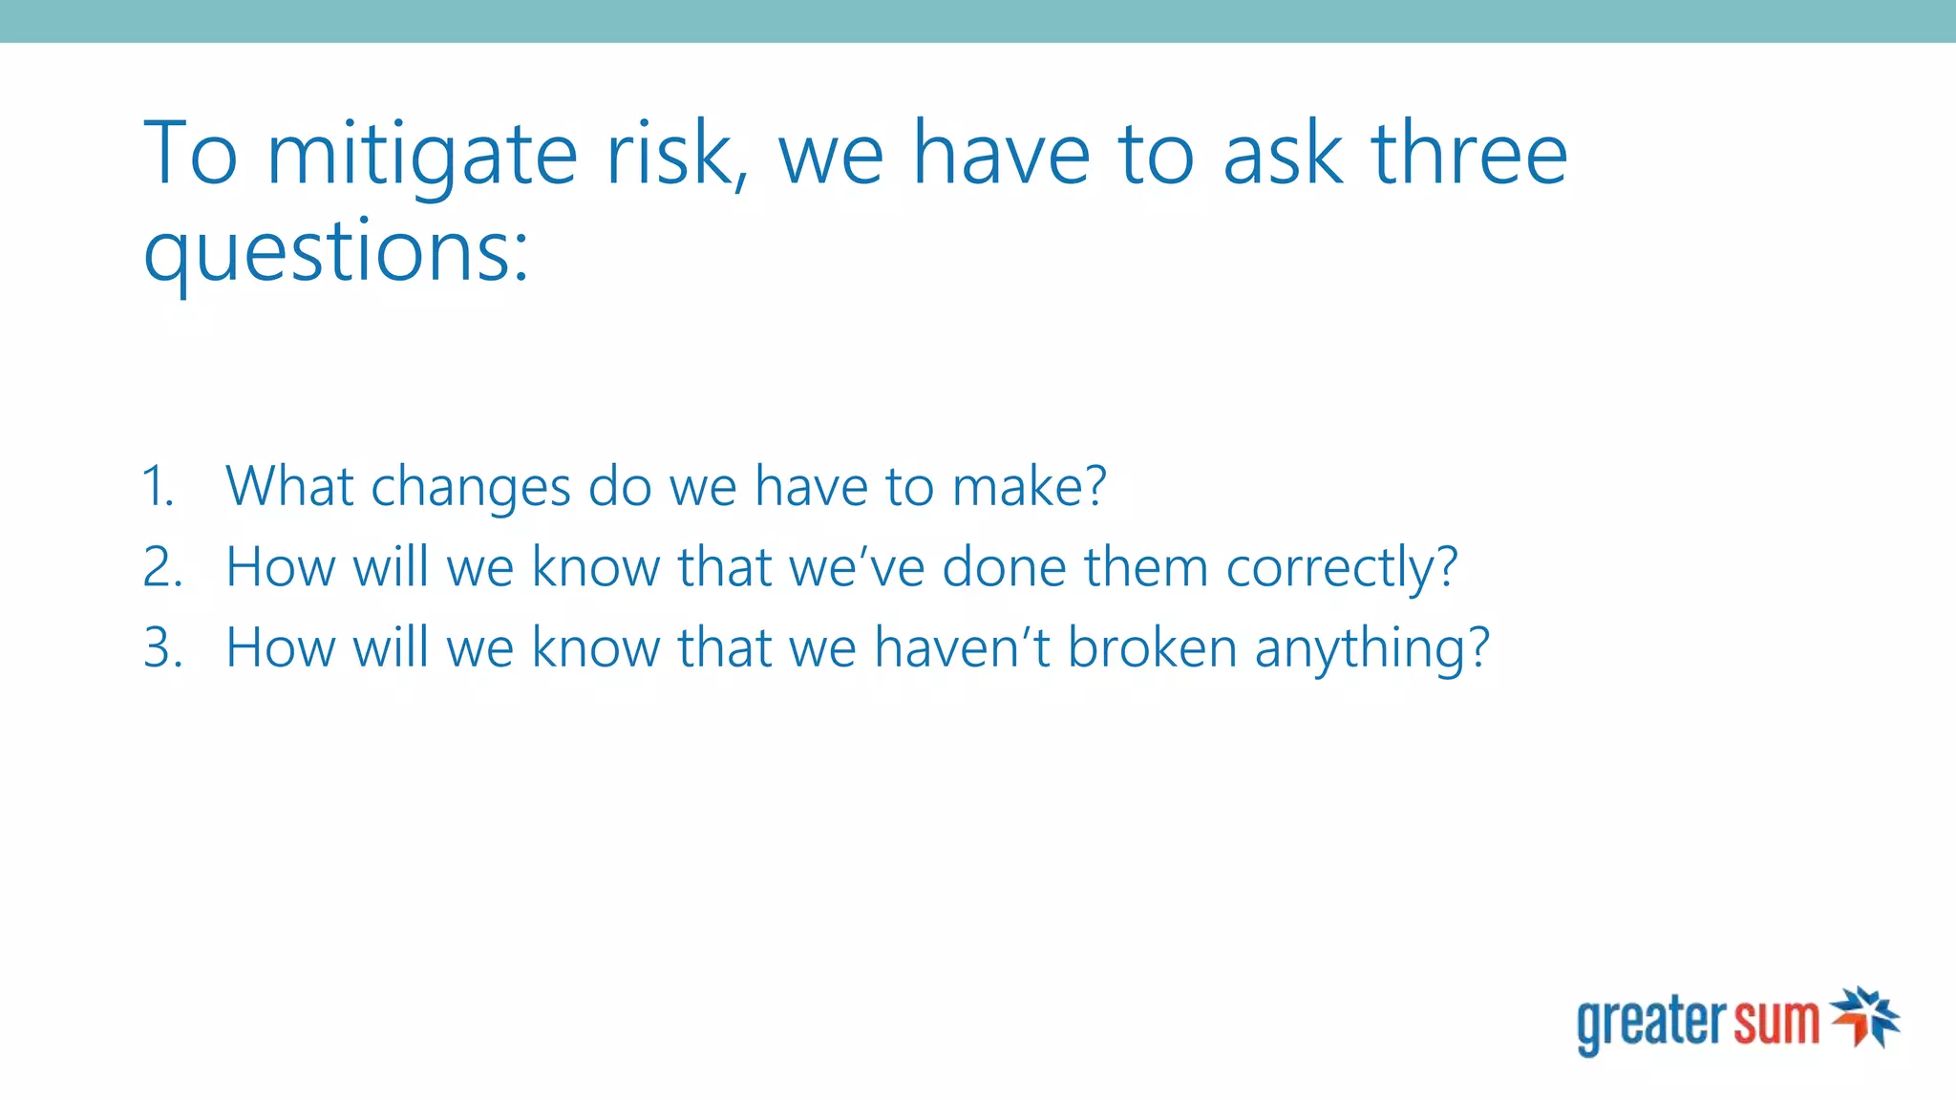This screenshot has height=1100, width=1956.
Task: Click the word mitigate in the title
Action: pyautogui.click(x=421, y=155)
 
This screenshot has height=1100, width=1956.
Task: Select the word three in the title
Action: pyautogui.click(x=1469, y=155)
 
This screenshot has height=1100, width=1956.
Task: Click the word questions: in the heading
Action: pyautogui.click(x=335, y=252)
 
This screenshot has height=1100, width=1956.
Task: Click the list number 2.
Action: pyautogui.click(x=161, y=567)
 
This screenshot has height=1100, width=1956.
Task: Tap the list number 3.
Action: pyautogui.click(x=161, y=647)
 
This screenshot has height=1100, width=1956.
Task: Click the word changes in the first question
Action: pyautogui.click(x=470, y=488)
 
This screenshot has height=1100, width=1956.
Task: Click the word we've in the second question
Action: pyautogui.click(x=857, y=567)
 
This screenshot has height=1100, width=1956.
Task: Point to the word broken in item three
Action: pyautogui.click(x=1152, y=647)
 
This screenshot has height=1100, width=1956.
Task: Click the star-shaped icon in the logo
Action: pyautogui.click(x=1865, y=1017)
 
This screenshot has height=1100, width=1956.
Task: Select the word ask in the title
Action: pyautogui.click(x=1283, y=155)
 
